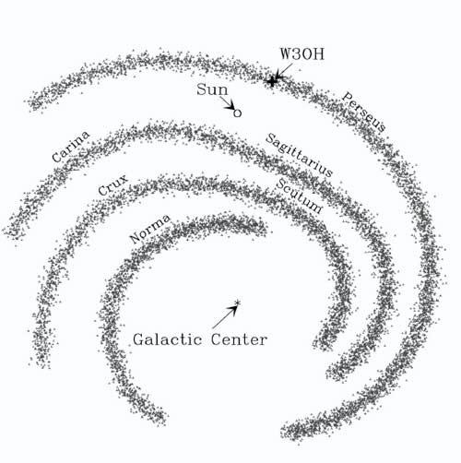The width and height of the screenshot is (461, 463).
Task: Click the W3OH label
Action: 302,54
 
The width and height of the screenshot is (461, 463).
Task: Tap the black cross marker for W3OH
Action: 272,81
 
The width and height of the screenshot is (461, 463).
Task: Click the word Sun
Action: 212,89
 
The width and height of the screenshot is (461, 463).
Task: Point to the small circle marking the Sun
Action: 237,113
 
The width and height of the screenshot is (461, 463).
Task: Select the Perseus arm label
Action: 364,112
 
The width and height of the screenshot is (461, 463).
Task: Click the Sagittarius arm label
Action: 299,155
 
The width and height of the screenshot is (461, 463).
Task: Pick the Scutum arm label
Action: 299,196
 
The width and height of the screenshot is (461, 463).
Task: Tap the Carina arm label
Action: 71,146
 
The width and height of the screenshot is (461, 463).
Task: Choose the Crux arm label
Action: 112,184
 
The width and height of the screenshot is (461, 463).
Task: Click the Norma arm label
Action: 149,229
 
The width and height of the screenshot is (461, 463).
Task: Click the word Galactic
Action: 168,339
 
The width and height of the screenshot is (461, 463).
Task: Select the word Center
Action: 239,339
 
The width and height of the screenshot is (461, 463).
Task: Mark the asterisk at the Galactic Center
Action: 237,303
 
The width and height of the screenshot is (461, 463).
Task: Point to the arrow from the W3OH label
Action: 283,72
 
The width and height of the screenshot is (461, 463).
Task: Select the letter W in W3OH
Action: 286,54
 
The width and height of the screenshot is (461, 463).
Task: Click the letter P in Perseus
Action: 348,97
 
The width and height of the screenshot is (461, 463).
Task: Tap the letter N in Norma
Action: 136,238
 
